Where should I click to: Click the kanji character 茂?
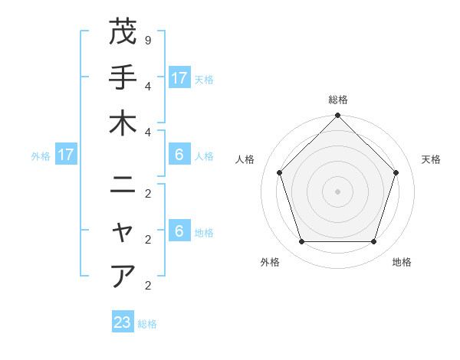[x=123, y=32]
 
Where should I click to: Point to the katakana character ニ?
[x=123, y=185]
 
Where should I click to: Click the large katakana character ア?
[x=123, y=275]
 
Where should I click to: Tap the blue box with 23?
[x=123, y=322]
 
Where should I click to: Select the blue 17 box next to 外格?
[x=66, y=155]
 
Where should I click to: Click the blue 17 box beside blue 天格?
[x=179, y=77]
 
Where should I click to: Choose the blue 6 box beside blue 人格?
[x=179, y=155]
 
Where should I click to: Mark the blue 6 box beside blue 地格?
[x=179, y=231]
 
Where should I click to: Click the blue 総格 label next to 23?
[x=147, y=324]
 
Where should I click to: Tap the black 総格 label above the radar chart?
[x=338, y=100]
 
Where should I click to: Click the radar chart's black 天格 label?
[x=431, y=159]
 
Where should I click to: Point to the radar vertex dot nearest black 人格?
[x=280, y=172]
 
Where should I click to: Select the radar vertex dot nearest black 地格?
[x=373, y=241]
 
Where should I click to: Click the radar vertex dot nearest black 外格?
[x=302, y=241]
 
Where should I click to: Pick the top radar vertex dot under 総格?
[x=338, y=116]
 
